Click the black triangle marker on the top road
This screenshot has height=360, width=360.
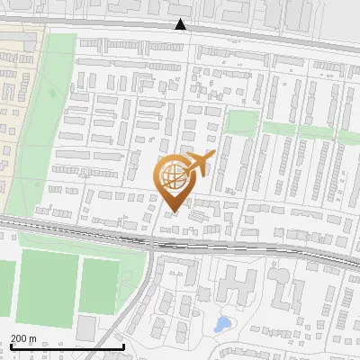coord(182,25)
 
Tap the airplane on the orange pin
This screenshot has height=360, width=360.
coord(198,165)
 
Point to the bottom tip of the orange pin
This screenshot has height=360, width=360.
coord(174,212)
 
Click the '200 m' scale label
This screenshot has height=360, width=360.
coord(24,338)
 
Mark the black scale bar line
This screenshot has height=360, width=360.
coord(67,346)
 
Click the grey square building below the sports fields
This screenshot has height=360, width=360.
coord(88,328)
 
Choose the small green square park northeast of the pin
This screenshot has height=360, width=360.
coord(241,121)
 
